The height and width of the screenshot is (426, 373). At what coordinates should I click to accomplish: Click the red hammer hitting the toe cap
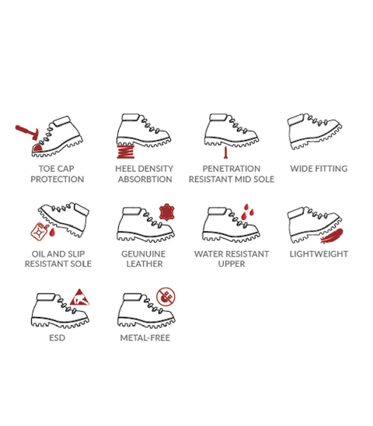tap(27, 132)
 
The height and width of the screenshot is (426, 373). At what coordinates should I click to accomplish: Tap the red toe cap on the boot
tap(37, 148)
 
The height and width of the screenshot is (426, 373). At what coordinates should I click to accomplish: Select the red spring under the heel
tap(125, 152)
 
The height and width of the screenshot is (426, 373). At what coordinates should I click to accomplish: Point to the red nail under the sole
tap(225, 152)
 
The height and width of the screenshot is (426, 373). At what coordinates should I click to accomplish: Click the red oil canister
tap(40, 232)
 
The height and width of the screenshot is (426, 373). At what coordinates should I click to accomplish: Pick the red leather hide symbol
tap(166, 212)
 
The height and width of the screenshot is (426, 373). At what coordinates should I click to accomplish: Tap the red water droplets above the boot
tap(247, 211)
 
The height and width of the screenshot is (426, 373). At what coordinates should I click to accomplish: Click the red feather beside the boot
tap(332, 236)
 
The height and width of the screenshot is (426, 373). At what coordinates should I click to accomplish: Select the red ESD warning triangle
tap(79, 297)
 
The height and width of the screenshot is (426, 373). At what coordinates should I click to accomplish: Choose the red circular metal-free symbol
tap(166, 297)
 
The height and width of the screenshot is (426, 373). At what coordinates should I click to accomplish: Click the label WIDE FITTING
tap(319, 169)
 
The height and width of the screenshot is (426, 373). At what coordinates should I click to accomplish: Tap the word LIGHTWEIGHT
tap(319, 254)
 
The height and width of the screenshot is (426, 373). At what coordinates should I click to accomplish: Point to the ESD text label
tap(57, 338)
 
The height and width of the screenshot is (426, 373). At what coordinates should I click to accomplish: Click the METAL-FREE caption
tap(145, 338)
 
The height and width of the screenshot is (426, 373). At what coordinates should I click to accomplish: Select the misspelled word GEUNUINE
tap(144, 254)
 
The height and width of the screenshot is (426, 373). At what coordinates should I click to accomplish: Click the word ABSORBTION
tap(145, 180)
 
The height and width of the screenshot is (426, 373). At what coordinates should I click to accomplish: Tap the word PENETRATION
tap(232, 169)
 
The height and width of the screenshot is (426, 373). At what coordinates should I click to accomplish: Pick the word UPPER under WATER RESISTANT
tap(232, 264)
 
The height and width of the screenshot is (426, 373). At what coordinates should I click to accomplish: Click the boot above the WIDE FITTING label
tap(315, 131)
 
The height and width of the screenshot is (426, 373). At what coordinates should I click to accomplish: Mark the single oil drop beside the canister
tap(52, 232)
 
